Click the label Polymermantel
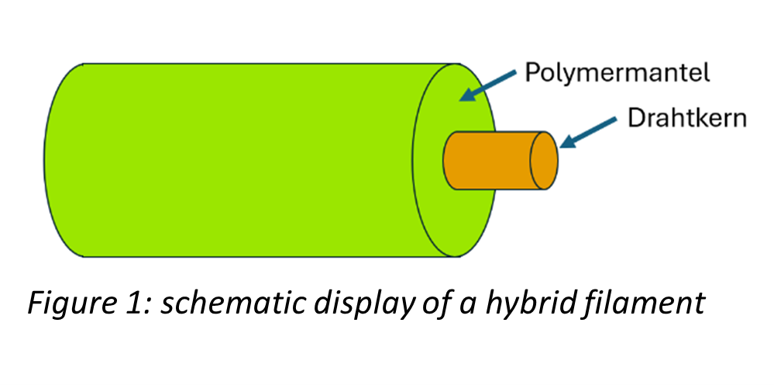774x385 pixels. (617, 74)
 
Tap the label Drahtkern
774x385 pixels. (687, 119)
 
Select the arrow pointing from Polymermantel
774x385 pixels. (487, 86)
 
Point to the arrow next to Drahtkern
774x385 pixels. (589, 133)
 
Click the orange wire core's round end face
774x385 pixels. (544, 161)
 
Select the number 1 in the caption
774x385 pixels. (116, 303)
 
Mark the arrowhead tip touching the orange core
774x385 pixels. (561, 147)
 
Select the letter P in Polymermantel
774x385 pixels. (532, 73)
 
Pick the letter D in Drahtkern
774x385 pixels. (636, 119)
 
